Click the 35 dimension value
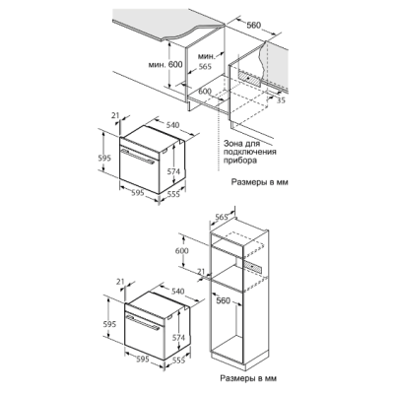click(x=281, y=100)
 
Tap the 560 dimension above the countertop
click(x=253, y=25)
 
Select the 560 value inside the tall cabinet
click(x=224, y=300)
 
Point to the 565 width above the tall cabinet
click(x=222, y=217)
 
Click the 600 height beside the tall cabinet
click(x=182, y=251)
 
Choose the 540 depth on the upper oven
click(x=172, y=125)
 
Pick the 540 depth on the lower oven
click(x=178, y=292)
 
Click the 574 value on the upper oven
click(x=173, y=171)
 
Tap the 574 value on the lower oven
click(x=178, y=337)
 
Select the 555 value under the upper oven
click(x=173, y=194)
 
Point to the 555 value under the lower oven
click(x=178, y=361)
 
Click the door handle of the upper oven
click(x=138, y=156)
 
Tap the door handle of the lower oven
click(x=143, y=322)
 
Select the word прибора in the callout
click(x=239, y=161)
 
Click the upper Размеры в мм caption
click(x=260, y=182)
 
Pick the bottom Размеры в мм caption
click(x=248, y=378)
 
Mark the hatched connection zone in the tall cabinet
click(x=253, y=267)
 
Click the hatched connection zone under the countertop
click(x=249, y=79)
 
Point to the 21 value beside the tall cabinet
click(x=203, y=272)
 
